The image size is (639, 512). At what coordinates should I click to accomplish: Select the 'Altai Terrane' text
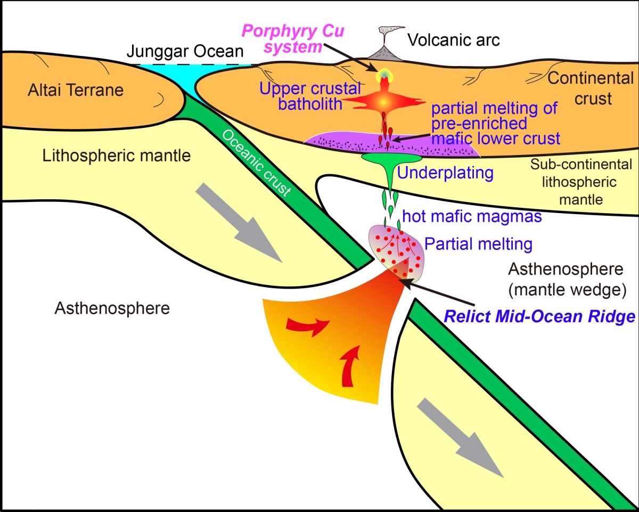click(76, 90)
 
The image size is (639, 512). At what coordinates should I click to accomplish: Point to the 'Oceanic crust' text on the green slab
click(257, 165)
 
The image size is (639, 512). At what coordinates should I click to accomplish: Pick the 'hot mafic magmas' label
click(472, 216)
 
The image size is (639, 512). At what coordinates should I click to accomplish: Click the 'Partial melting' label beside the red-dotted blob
click(478, 244)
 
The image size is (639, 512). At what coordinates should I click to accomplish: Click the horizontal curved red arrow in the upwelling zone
click(304, 327)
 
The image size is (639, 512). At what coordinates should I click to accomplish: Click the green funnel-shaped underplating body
click(392, 162)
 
